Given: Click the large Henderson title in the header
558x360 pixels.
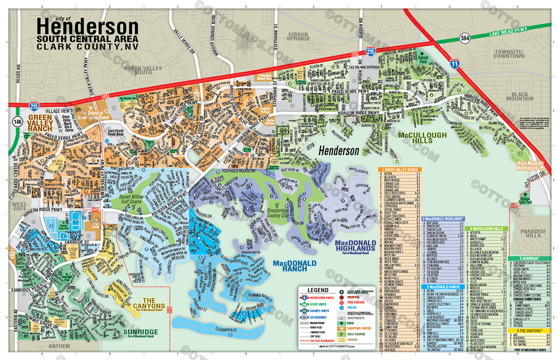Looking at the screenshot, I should click(87, 26).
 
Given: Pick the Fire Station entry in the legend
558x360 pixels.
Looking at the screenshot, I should click(358, 302).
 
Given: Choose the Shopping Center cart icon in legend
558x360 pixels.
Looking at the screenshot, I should click(341, 329).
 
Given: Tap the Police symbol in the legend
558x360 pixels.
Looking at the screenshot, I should click(341, 308).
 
